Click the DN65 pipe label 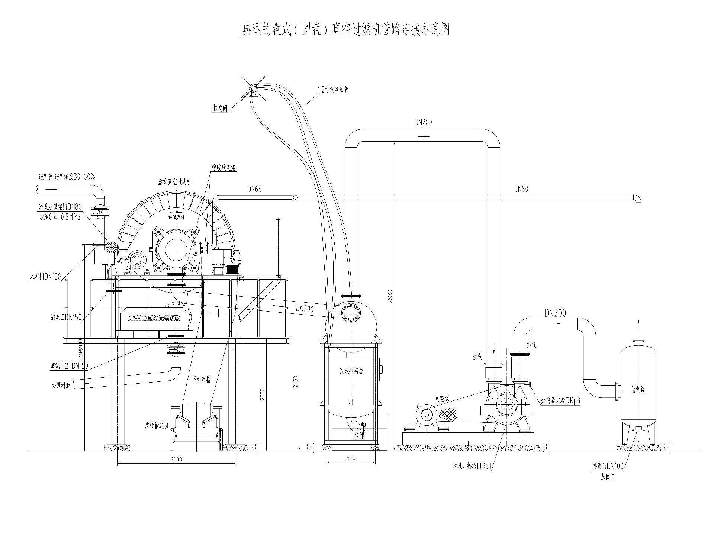255,189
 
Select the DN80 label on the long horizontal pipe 521,189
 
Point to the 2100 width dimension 176,459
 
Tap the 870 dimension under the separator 351,458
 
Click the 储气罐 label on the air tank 638,390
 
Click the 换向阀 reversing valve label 220,109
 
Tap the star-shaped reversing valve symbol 253,88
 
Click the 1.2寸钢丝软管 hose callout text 333,90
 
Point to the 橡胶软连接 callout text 224,168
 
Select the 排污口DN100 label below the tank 608,466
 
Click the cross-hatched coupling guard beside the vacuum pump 448,414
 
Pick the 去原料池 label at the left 61,386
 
